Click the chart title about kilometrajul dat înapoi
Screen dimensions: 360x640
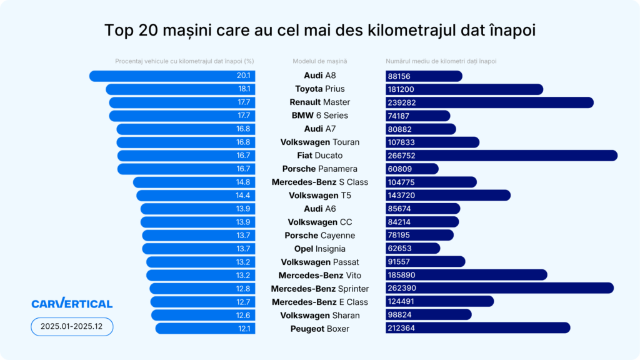point(319,31)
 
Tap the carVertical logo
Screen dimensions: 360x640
point(72,304)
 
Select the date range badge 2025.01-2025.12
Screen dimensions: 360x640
point(72,327)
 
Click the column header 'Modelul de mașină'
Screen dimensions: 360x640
point(319,61)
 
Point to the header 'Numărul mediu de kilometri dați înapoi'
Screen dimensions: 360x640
point(441,61)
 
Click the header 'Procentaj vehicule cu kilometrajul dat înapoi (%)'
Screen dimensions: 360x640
point(184,61)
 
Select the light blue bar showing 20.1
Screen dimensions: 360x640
point(172,76)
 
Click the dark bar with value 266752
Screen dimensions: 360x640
point(501,156)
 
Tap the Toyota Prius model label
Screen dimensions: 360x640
point(319,89)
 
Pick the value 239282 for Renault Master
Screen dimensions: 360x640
point(402,102)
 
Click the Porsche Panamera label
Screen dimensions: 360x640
point(319,169)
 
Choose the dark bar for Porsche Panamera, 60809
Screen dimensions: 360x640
point(412,169)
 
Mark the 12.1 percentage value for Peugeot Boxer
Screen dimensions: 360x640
point(244,328)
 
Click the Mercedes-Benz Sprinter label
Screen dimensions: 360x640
point(319,289)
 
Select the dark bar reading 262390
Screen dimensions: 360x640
point(499,288)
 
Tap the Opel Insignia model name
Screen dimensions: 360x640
point(319,249)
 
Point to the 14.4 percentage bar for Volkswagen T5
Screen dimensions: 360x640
point(196,196)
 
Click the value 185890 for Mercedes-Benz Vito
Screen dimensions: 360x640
point(402,275)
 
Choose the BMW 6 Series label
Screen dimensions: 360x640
point(319,116)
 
